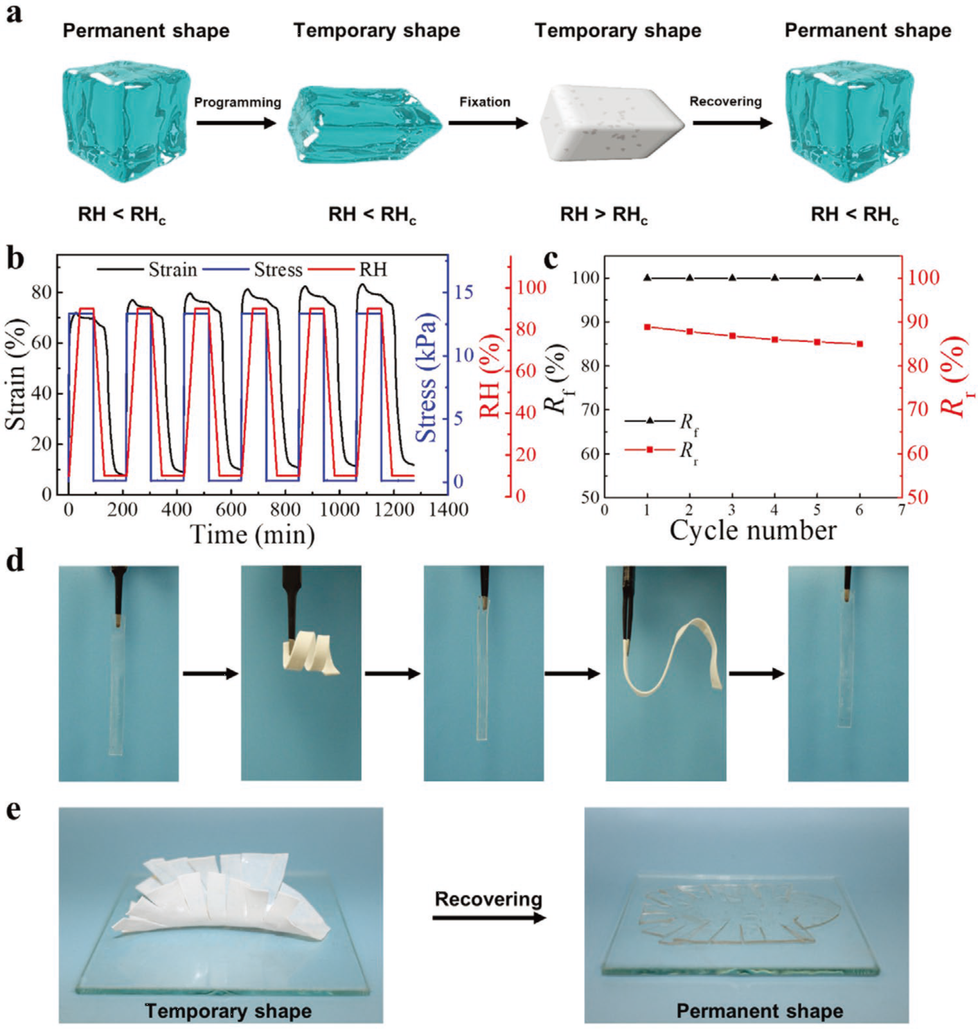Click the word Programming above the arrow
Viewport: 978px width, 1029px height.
237,102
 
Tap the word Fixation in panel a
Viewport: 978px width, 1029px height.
485,102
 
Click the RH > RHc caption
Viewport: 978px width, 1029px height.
604,215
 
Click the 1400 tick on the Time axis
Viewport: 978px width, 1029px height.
448,510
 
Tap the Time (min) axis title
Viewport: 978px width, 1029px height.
252,535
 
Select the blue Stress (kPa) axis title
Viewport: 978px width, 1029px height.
427,377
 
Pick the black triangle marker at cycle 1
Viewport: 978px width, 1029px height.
648,278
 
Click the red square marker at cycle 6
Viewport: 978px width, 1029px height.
860,344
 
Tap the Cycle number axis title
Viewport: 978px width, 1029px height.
752,530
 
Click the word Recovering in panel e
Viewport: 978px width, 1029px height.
488,900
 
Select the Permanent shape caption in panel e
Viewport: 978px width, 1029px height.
759,1011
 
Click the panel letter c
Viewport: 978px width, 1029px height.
551,258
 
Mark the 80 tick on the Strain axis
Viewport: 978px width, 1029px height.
42,292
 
